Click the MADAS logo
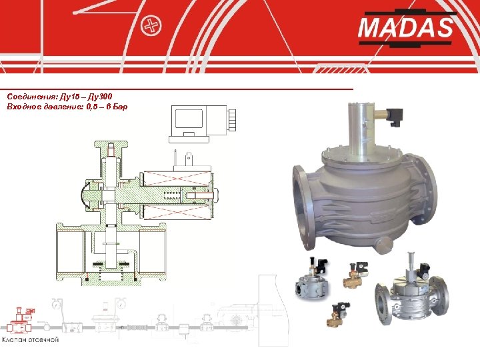406,28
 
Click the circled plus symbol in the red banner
151,26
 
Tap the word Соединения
32,97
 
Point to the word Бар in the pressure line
120,107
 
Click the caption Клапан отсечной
30,339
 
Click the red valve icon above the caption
22,320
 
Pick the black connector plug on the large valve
395,118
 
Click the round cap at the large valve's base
385,245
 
